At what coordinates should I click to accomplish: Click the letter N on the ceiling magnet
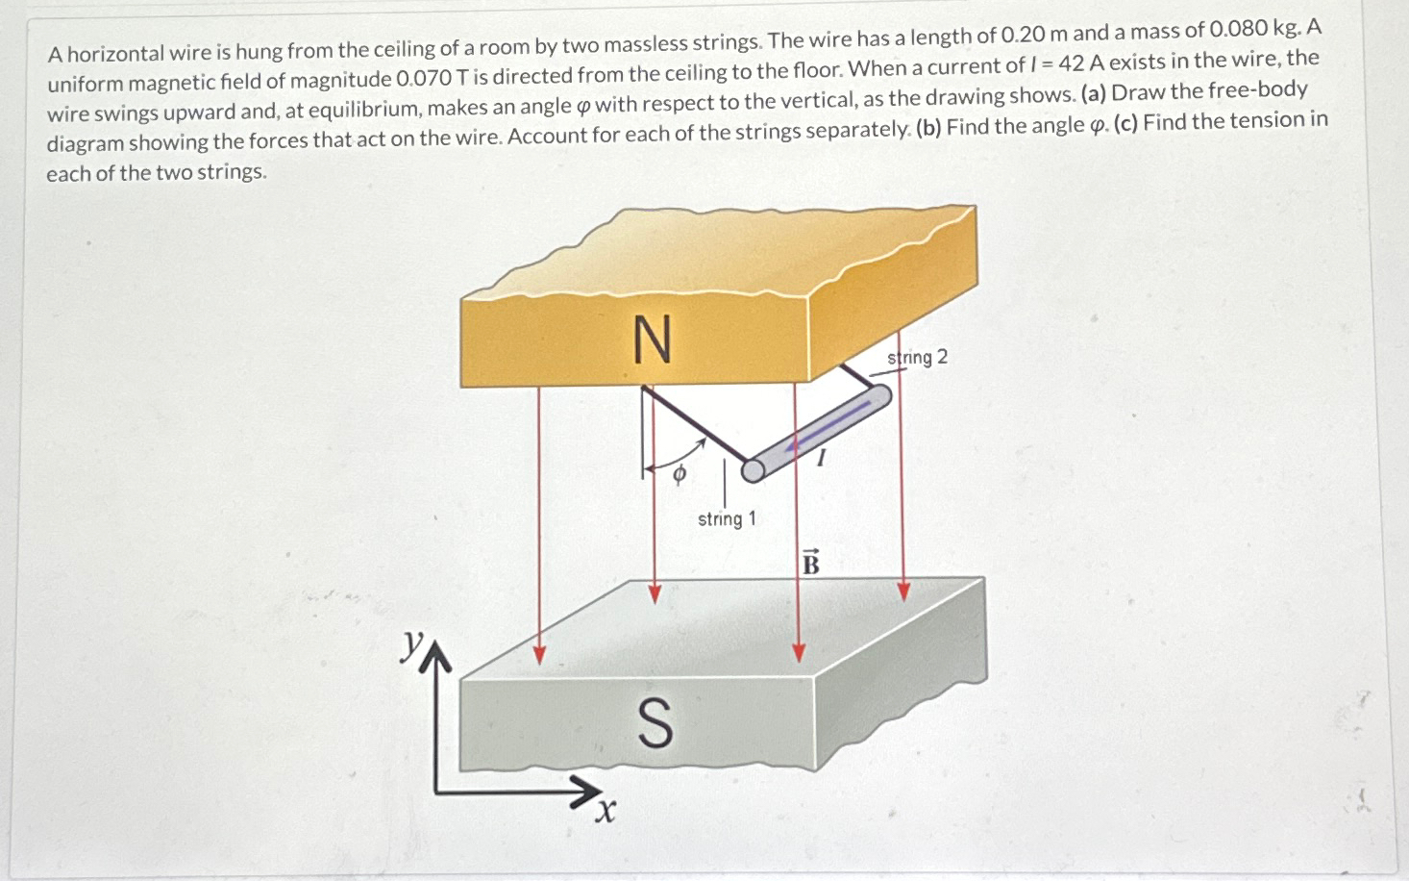coord(652,340)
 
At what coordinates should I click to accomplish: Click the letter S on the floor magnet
coord(655,724)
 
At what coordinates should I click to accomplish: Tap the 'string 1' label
coord(727,519)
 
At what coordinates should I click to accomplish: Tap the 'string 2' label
coord(918,358)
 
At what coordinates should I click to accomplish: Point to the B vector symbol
coord(810,563)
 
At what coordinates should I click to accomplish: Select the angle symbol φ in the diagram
coord(679,473)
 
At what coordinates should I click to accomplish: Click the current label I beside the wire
coord(820,459)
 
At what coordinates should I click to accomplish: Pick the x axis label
coord(604,813)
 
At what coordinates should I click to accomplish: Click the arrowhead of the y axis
coord(436,656)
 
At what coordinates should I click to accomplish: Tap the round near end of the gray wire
coord(754,469)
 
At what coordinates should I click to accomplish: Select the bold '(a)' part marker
coord(1093,94)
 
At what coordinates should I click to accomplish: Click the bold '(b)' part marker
coord(928,128)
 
